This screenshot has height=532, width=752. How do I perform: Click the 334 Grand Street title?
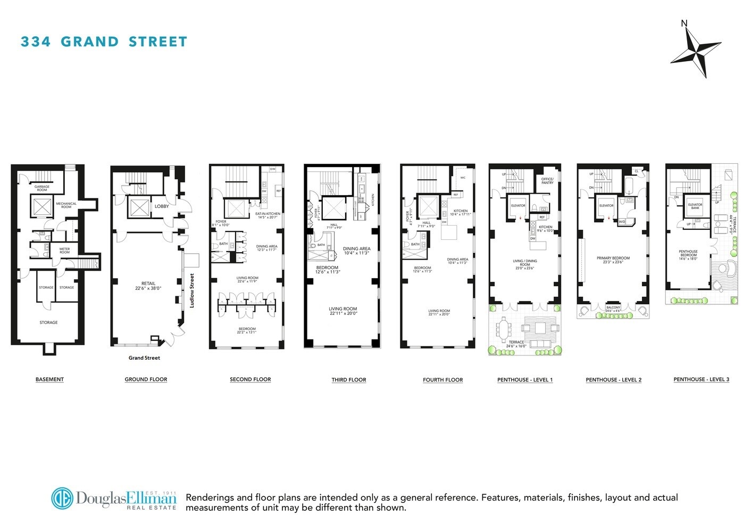[104, 41]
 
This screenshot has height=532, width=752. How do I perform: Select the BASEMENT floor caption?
[49, 379]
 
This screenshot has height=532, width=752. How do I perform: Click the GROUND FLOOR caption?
[146, 379]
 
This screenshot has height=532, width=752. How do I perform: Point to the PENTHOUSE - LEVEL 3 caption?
[701, 379]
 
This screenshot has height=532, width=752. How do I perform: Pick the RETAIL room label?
[148, 286]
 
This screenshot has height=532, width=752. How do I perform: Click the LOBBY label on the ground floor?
[162, 206]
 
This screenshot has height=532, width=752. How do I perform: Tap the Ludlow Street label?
[192, 290]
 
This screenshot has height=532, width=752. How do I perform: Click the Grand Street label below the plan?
[144, 358]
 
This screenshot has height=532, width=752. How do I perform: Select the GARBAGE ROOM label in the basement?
[42, 188]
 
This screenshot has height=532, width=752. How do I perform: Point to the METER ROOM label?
[64, 251]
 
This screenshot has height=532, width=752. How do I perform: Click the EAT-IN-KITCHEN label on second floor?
[268, 215]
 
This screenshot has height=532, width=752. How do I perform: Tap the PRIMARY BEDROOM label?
[613, 260]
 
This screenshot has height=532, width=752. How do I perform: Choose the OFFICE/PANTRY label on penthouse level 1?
[547, 181]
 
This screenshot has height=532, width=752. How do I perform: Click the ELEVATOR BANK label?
[695, 206]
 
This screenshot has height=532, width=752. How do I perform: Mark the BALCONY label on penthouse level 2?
[613, 309]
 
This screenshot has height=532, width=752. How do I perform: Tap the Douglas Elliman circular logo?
[62, 498]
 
